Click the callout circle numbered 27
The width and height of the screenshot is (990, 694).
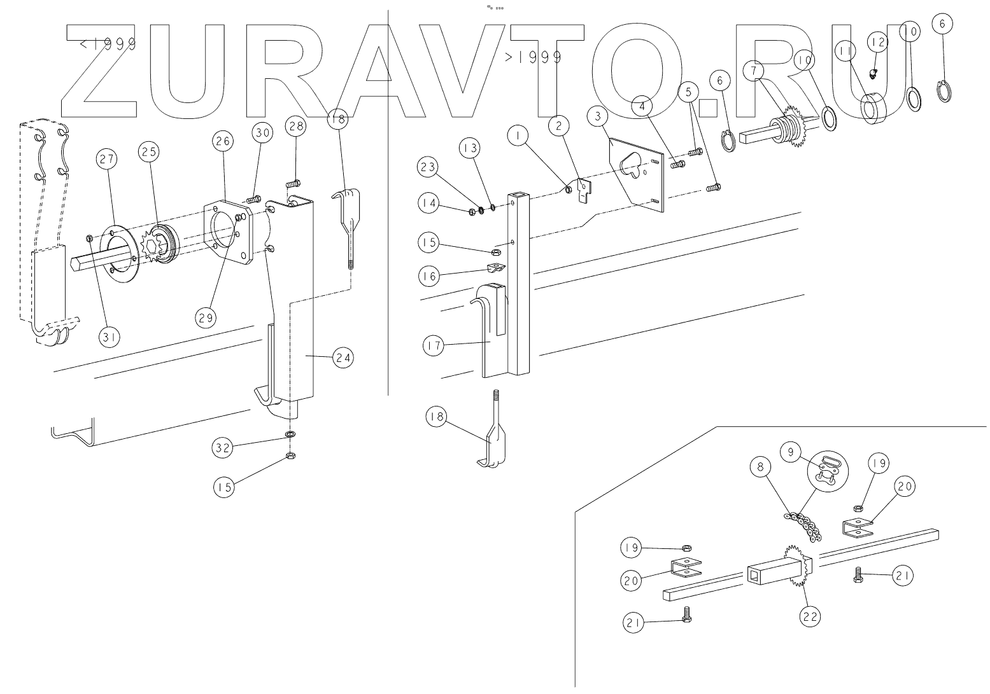tap(106, 159)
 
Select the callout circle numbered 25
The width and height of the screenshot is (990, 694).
tap(148, 152)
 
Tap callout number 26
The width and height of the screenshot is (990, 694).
tap(223, 141)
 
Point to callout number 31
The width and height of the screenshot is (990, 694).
tap(109, 337)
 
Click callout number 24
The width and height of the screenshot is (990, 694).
tap(343, 357)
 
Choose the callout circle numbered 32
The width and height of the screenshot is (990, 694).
tap(222, 448)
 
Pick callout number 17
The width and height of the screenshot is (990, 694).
tap(434, 345)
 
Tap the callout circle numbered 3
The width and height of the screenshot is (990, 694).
tap(598, 116)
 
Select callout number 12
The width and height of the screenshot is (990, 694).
tap(878, 43)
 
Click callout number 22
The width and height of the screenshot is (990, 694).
tap(810, 617)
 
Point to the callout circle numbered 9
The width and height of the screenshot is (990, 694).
tap(791, 452)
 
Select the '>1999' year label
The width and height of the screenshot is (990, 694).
tap(534, 57)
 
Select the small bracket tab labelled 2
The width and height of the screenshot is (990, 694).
tap(584, 190)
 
